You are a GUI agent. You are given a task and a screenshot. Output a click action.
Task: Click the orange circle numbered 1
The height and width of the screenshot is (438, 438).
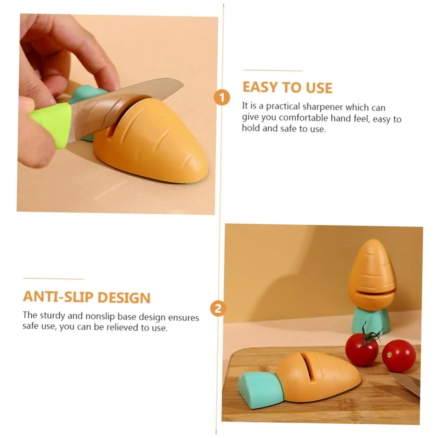(222, 97)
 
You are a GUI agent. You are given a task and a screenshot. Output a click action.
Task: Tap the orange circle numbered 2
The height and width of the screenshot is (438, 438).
(218, 309)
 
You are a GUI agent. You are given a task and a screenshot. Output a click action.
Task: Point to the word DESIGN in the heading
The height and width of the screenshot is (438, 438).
(124, 297)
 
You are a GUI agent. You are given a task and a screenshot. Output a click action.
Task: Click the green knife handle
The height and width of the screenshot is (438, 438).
(52, 125)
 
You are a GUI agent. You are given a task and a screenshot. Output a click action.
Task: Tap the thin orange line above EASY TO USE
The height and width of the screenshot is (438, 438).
(273, 71)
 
